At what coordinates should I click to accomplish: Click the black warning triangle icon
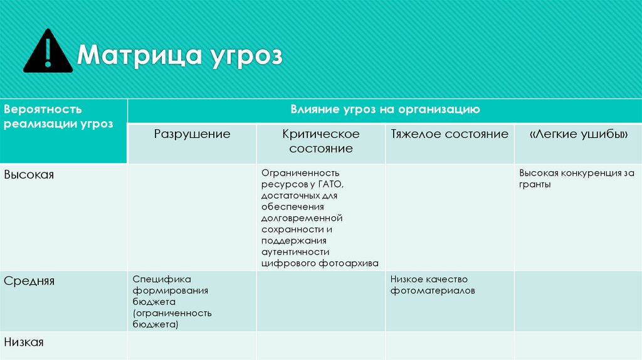48,53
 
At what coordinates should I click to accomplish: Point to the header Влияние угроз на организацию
385,110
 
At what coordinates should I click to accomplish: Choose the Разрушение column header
192,134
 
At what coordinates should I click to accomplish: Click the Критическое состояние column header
321,141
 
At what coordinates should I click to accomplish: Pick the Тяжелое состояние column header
450,134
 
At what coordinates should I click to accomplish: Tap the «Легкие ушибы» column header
578,134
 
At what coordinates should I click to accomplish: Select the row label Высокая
29,175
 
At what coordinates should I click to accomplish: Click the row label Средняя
29,281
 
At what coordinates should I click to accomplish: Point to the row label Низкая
24,342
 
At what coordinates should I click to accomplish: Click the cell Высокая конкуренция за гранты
576,179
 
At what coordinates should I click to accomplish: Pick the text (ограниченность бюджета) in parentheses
172,319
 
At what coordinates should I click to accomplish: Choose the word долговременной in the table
302,218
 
